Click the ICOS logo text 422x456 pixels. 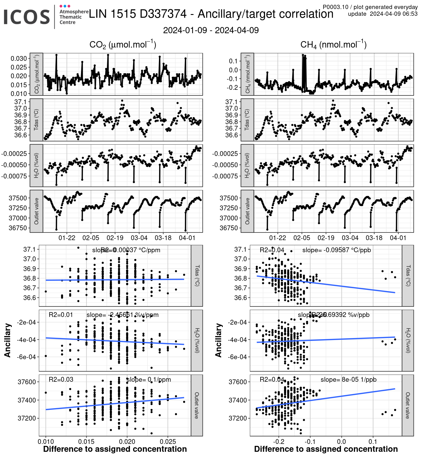pos(27,17)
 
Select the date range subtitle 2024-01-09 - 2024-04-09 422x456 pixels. pos(211,30)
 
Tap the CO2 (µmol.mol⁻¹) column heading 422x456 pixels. pos(123,45)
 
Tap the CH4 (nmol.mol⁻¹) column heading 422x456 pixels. pos(333,45)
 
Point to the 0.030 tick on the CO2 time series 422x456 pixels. pos(19,59)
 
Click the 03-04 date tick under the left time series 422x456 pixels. pos(139,238)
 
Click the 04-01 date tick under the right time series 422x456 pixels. pos(398,238)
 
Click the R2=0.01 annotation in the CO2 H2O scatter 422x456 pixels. pos(61,315)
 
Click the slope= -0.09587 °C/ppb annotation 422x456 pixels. pos(336,250)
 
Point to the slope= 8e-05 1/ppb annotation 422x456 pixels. pos(348,379)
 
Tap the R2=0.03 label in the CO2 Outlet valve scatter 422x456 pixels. pos(61,379)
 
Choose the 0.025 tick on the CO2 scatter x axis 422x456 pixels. pos(168,441)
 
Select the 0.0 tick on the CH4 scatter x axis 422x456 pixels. pos(341,441)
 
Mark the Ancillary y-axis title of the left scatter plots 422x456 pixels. pos(8,340)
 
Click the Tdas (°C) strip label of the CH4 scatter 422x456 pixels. pos(408,276)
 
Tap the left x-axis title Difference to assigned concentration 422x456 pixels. pos(115,449)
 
